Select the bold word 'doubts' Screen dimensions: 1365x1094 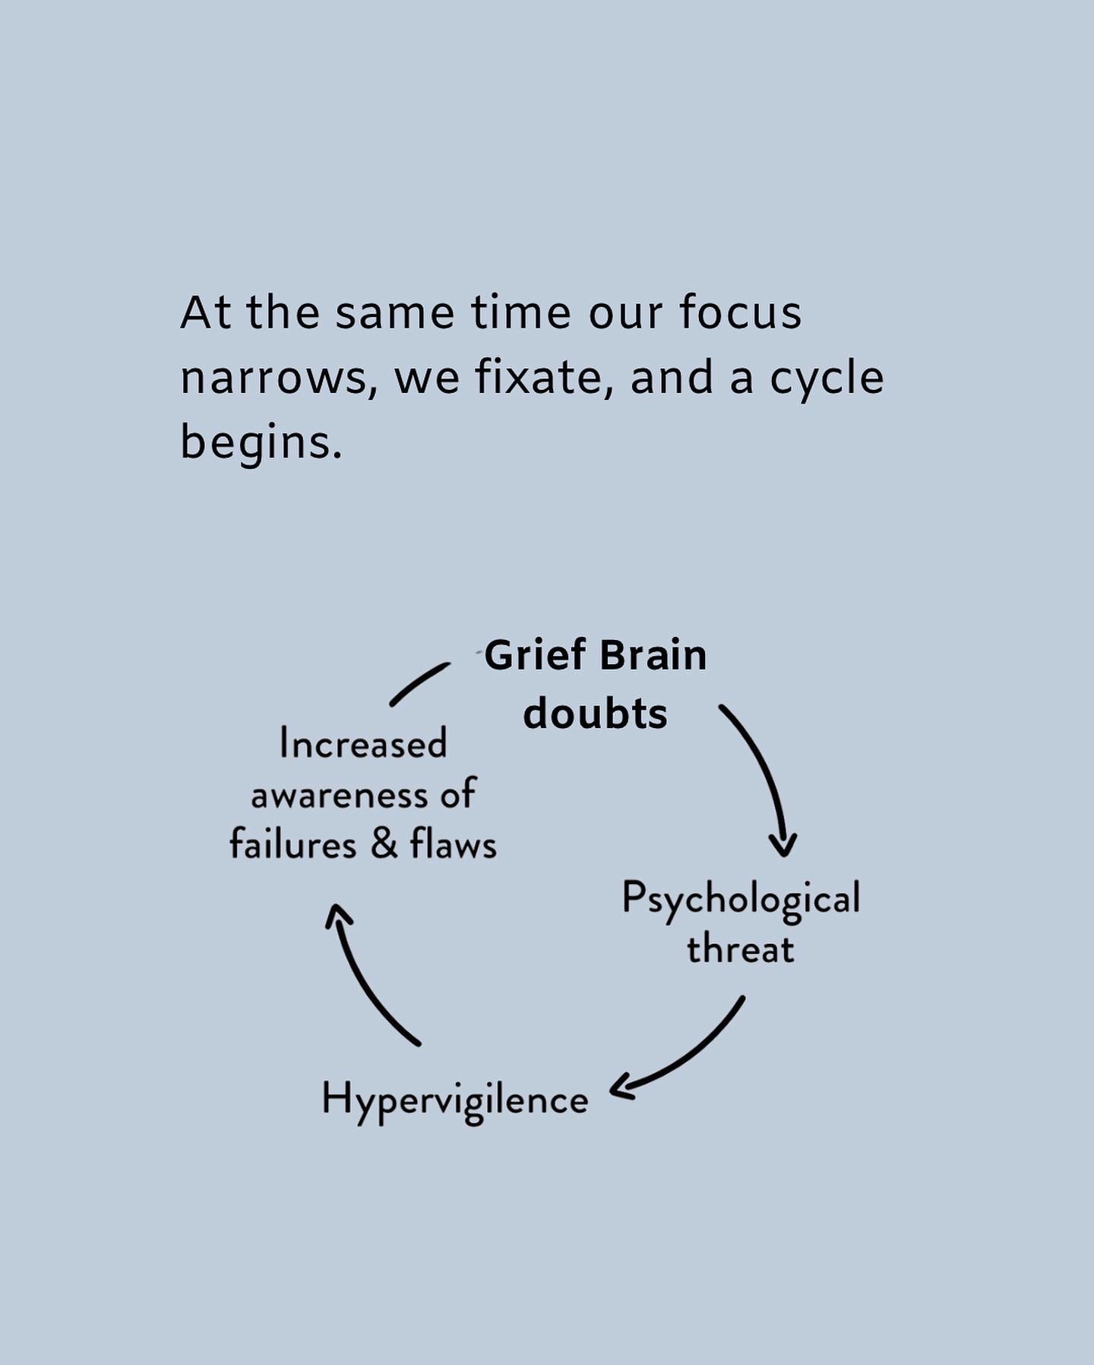(595, 714)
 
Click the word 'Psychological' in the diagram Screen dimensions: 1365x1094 (741, 899)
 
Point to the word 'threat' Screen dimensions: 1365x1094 (741, 949)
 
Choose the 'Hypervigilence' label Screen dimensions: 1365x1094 (454, 1100)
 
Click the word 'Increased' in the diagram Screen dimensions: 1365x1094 (363, 743)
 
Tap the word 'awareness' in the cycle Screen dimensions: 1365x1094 (340, 796)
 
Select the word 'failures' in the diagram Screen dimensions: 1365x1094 (293, 845)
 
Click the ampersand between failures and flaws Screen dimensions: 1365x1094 (384, 844)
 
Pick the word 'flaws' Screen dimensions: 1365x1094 (454, 844)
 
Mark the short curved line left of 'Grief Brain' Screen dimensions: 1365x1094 (419, 683)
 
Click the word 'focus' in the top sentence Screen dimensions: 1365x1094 (740, 312)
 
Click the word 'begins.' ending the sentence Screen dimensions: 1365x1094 (261, 442)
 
